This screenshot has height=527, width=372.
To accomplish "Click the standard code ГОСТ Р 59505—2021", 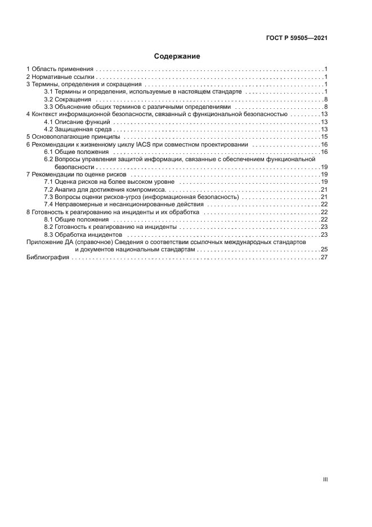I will [x=297, y=38].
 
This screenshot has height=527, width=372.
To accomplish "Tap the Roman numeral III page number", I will [x=325, y=479].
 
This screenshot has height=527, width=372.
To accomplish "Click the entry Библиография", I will [x=48, y=257].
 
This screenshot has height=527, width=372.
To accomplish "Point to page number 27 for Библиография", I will [x=324, y=257].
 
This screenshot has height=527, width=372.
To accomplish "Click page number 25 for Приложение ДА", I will [x=324, y=249].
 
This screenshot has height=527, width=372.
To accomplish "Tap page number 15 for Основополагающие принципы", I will [x=324, y=137].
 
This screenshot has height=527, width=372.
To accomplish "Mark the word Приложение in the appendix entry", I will [x=44, y=242].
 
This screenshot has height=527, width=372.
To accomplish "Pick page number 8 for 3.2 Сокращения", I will [x=326, y=99].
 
